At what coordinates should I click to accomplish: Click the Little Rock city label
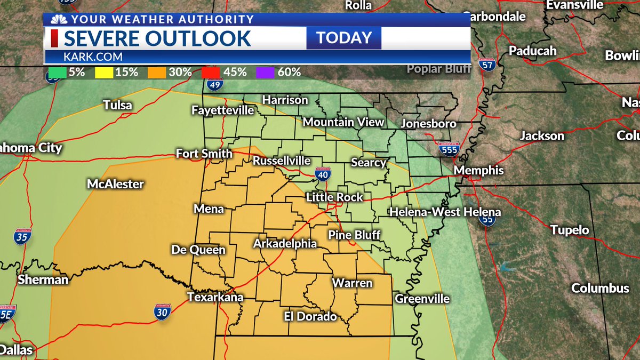[334, 197]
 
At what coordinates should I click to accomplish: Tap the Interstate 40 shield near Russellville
[325, 173]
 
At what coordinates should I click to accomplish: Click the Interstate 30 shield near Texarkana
[163, 312]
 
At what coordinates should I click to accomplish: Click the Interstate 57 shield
[486, 65]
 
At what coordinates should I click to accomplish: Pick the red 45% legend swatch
[210, 72]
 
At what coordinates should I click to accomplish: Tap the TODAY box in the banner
[344, 38]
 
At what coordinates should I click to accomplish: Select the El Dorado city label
[310, 316]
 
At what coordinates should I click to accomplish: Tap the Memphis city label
[478, 171]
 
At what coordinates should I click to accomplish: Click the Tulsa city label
[117, 105]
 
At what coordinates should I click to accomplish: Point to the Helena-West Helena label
[445, 212]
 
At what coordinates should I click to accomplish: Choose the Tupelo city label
[570, 230]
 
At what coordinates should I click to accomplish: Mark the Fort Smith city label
[204, 154]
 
